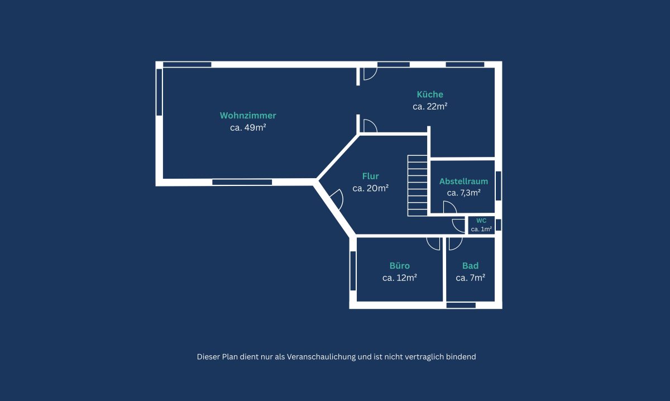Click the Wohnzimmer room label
(248, 116)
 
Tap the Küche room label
(430, 94)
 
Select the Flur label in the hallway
(370, 176)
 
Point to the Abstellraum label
(463, 182)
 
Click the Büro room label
(400, 266)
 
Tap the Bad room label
(470, 266)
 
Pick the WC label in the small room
(481, 221)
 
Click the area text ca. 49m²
(248, 128)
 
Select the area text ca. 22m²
(430, 107)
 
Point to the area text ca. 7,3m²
(463, 193)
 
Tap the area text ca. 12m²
(400, 278)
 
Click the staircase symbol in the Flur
(417, 185)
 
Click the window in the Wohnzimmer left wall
(160, 92)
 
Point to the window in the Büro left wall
(353, 271)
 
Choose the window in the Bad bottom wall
(461, 305)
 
